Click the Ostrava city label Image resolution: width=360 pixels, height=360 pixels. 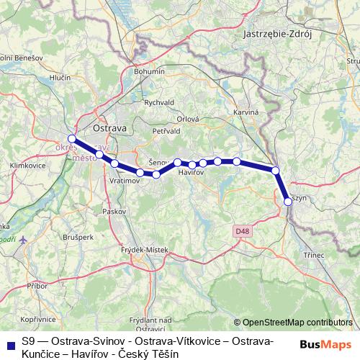110,127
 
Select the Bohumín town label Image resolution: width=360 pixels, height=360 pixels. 150,72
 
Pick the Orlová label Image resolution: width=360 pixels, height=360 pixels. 187,120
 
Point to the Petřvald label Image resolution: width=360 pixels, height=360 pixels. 166,132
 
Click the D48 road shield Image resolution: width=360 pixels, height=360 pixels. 241,230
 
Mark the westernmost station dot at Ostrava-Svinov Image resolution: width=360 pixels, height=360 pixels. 71,139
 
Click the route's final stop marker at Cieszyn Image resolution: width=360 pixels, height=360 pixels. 288,202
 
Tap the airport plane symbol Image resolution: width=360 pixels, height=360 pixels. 23,239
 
